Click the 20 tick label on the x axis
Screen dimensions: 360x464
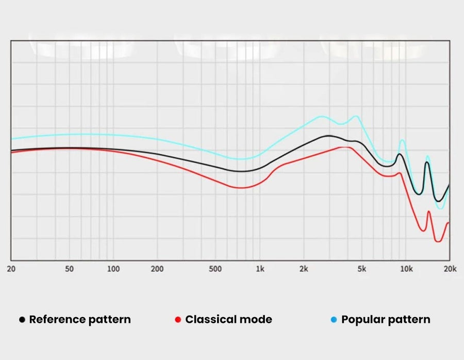coord(10,269)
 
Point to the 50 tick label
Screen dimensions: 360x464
coord(70,269)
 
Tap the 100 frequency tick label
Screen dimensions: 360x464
coord(113,269)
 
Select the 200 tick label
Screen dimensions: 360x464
coord(157,269)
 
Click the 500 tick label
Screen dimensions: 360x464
coord(216,269)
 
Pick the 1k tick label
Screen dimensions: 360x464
coord(260,269)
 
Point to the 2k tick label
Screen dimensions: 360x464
coord(304,269)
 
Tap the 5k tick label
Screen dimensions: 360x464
coord(362,269)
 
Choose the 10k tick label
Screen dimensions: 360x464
coord(406,269)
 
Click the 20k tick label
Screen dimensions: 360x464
coord(450,269)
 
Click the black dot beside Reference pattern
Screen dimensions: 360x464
coord(22,320)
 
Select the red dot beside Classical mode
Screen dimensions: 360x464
coord(178,320)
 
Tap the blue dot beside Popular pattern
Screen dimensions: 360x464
coord(334,320)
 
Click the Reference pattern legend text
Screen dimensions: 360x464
coord(80,319)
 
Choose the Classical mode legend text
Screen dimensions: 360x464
coord(228,319)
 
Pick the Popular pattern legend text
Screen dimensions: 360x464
coord(386,319)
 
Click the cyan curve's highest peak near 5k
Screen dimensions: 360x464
coord(356,116)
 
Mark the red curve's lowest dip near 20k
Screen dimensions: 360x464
coord(438,241)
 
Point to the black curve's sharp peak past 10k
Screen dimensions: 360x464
coord(427,162)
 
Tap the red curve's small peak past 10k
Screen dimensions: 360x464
coord(428,212)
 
